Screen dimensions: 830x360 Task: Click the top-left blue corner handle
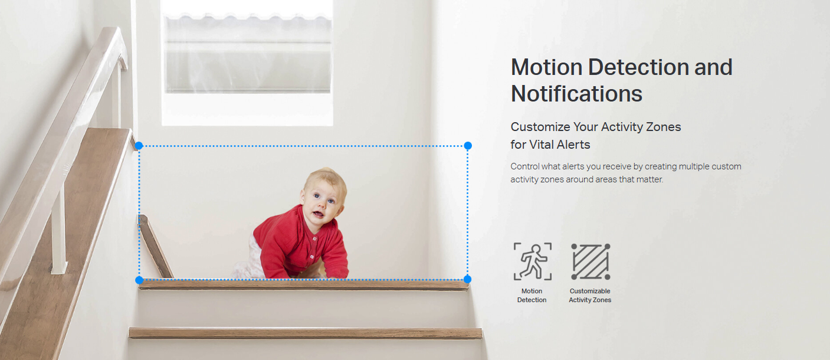(x=139, y=146)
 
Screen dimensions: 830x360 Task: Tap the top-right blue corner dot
(x=468, y=146)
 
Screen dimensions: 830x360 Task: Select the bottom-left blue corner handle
(x=139, y=280)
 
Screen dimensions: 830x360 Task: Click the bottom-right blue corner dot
(x=467, y=279)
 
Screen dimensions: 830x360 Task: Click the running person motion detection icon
(x=533, y=261)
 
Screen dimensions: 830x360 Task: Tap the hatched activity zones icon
(x=590, y=261)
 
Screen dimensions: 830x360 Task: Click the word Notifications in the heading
(x=576, y=93)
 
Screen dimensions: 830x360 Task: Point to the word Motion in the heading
(x=546, y=67)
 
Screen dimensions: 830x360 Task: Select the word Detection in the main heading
(x=638, y=67)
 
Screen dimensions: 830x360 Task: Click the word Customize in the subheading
(x=540, y=127)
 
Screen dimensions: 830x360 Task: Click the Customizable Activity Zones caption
(x=590, y=296)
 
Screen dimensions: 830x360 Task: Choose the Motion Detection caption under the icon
(x=532, y=296)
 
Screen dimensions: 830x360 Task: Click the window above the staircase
(x=247, y=63)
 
